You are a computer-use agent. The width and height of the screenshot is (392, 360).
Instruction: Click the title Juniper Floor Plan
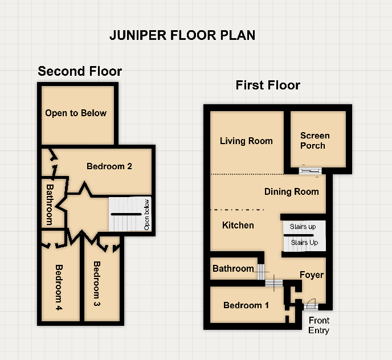tap(182, 35)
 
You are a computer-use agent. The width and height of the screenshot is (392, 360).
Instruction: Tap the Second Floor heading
tap(80, 71)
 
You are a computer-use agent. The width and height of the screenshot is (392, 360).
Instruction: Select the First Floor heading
tap(268, 85)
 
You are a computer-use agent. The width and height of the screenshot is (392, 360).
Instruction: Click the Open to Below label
tap(76, 113)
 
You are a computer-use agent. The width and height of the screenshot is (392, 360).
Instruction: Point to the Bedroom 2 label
tap(109, 166)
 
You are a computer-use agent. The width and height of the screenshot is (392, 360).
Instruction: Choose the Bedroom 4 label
tap(59, 288)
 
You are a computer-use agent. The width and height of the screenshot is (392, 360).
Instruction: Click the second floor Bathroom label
tap(50, 204)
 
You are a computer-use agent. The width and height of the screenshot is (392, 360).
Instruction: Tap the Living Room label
tap(246, 141)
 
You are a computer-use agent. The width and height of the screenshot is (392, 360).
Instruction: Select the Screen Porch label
tap(315, 140)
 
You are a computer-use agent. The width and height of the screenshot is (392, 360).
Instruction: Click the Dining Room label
tap(291, 191)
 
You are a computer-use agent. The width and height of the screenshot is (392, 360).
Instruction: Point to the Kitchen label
tap(238, 225)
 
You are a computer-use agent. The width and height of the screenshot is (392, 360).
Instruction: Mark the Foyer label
tap(312, 275)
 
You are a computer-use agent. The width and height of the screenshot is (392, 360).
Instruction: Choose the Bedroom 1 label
tap(246, 305)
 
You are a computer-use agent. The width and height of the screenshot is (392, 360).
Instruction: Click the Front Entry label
tap(318, 325)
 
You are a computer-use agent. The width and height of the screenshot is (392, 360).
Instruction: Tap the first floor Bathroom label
tap(233, 268)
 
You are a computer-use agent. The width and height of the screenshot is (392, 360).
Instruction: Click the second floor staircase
tap(126, 214)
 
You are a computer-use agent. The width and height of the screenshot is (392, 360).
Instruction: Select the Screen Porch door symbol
tap(309, 170)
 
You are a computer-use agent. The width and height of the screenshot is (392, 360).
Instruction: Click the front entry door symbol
tap(311, 304)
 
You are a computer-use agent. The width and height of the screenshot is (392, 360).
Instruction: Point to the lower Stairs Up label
tap(304, 243)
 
